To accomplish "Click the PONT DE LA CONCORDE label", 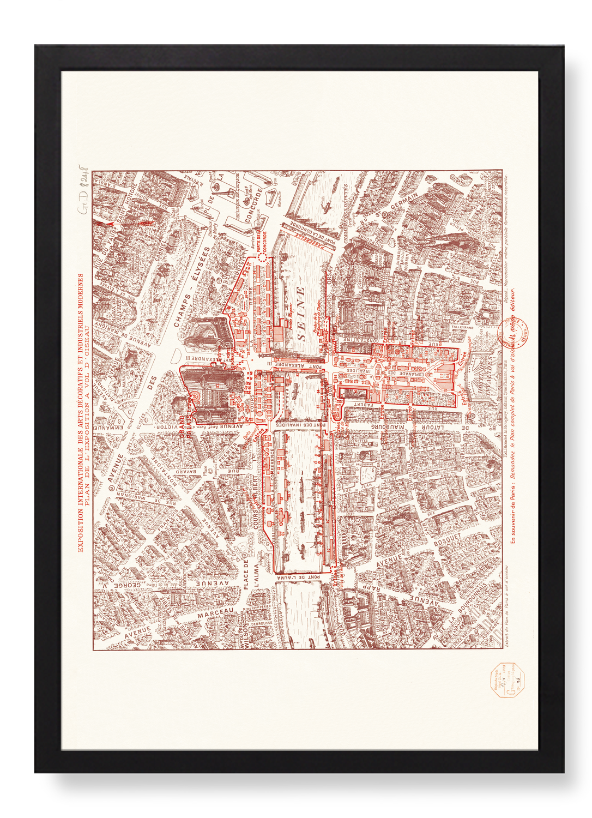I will tap(315, 227).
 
